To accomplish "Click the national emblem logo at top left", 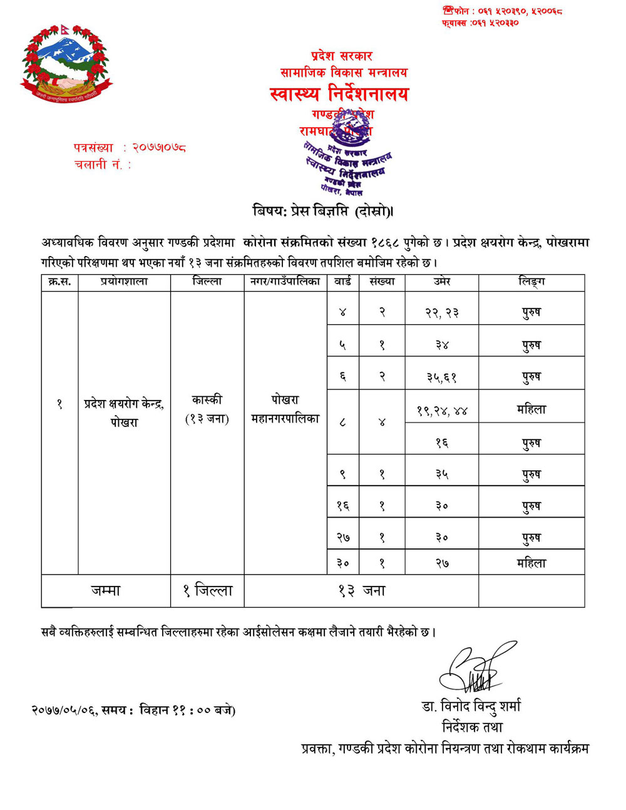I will tap(64, 63).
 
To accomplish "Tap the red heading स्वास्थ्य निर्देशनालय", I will tap(339, 95).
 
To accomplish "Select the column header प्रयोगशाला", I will tap(124, 282).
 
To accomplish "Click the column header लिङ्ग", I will tap(531, 282).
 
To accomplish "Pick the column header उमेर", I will tap(442, 282).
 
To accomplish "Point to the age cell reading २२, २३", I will tap(442, 312).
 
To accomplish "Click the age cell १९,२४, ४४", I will tap(442, 411).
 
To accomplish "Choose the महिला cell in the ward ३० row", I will tap(531, 563).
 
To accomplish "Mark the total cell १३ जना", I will tap(361, 591).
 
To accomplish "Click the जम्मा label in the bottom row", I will tap(106, 591).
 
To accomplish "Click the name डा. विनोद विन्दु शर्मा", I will tap(471, 707).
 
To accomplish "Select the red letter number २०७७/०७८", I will tap(160, 148).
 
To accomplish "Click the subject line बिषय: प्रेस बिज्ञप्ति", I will tap(323, 212).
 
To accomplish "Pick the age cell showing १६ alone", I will tap(442, 443).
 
